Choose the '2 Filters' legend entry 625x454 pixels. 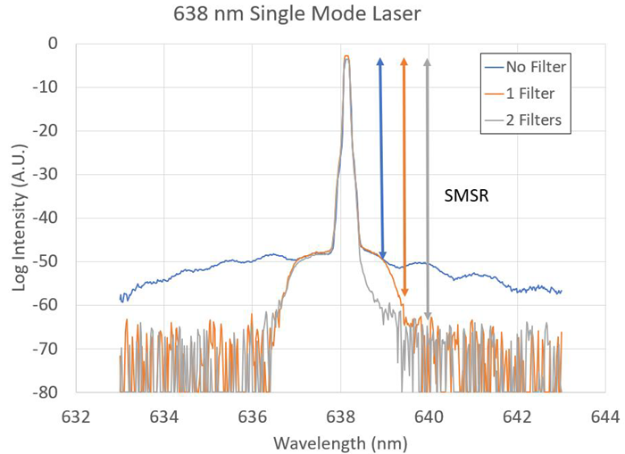[x=524, y=120]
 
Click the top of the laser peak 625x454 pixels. [x=346, y=57]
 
